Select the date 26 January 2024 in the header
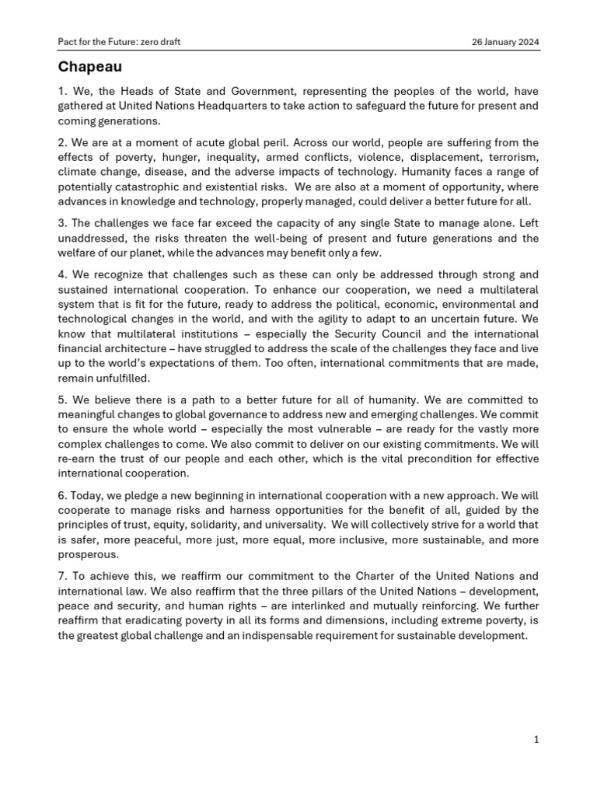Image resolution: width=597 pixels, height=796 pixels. point(505,41)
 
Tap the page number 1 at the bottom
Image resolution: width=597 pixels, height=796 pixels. point(536,739)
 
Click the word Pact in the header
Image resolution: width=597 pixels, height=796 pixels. point(68,41)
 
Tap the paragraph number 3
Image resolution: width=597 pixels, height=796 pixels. point(62,223)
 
